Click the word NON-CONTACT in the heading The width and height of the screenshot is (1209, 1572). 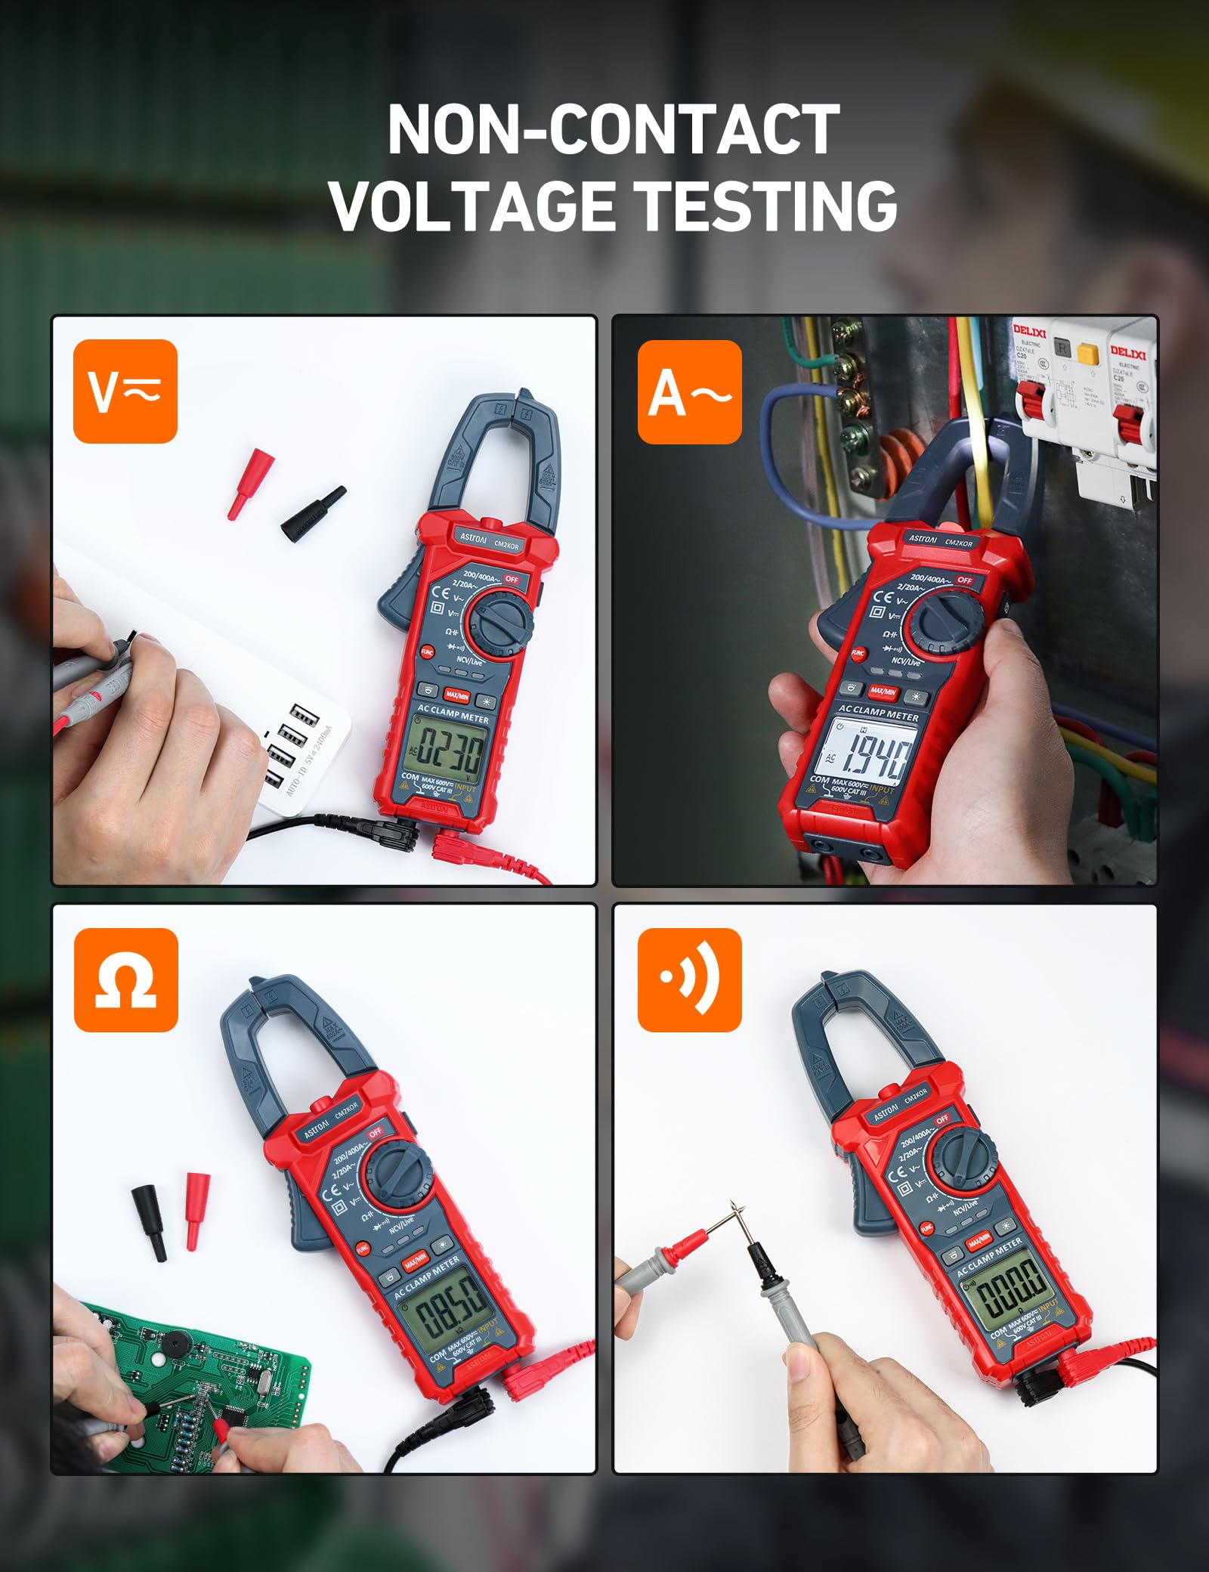tap(613, 130)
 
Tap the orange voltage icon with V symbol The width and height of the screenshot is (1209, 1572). tap(125, 391)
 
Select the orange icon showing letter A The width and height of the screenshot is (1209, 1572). tap(689, 391)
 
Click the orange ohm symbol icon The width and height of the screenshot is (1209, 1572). tap(125, 979)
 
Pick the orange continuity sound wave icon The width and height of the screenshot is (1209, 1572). tap(689, 979)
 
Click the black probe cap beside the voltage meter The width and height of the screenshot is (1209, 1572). tap(313, 513)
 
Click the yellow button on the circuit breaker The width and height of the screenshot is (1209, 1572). tap(1087, 354)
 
